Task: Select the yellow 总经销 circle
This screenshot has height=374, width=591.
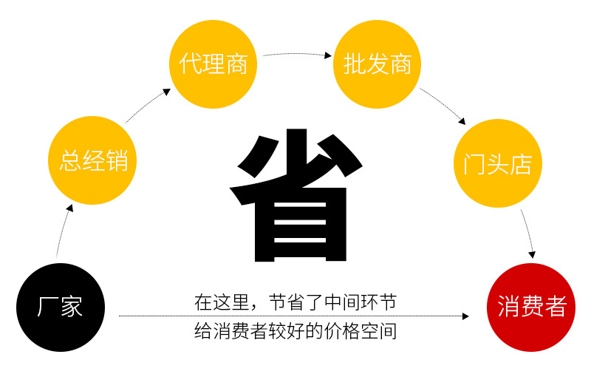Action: click(x=92, y=160)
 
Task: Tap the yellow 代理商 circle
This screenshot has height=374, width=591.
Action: click(x=213, y=64)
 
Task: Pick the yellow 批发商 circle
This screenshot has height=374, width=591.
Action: click(x=377, y=64)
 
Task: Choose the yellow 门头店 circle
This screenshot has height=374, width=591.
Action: click(x=497, y=163)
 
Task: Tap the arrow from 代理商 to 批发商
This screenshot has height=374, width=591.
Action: click(x=295, y=53)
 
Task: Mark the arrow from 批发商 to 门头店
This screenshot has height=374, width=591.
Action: click(x=444, y=105)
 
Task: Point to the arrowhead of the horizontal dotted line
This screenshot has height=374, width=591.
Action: click(x=465, y=316)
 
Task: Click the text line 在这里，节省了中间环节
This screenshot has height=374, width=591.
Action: click(x=295, y=302)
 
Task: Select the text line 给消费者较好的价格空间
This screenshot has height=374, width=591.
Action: click(x=295, y=330)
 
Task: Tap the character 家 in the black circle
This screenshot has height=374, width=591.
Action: click(x=71, y=307)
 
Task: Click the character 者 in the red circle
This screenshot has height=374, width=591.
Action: click(x=554, y=307)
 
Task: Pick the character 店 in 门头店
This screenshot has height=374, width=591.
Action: click(x=520, y=163)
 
